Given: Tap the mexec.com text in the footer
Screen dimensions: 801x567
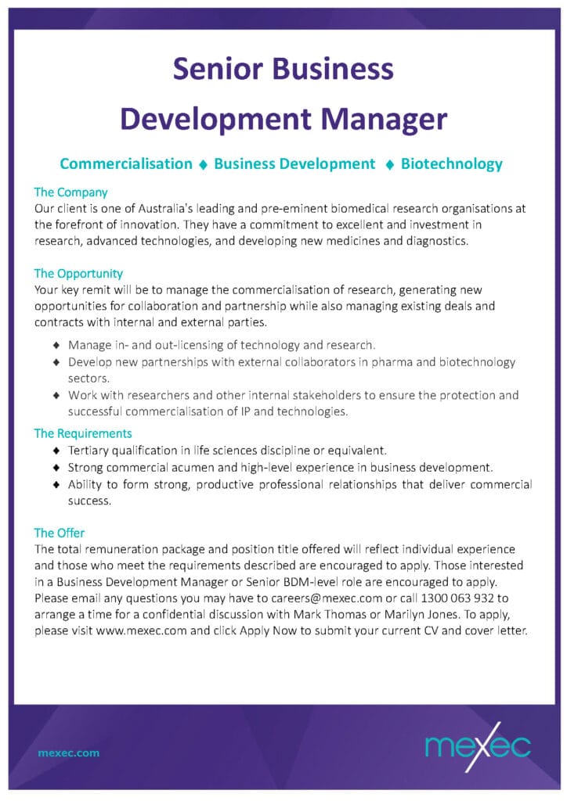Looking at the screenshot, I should tap(69, 753).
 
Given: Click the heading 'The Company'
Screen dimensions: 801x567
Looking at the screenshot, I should tap(70, 192).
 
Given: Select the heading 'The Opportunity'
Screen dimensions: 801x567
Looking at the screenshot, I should tap(78, 273).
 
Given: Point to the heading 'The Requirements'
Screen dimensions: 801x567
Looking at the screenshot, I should tap(83, 433).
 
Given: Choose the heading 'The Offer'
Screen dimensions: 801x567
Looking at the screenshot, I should tap(60, 533).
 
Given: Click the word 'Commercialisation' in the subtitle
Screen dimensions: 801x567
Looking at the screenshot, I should tap(126, 163).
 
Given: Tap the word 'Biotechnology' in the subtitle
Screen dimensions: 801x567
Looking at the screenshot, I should tap(451, 163).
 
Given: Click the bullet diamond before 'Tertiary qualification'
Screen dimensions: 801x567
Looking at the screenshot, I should tap(56, 451).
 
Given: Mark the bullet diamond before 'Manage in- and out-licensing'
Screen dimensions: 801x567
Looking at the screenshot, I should tap(56, 345).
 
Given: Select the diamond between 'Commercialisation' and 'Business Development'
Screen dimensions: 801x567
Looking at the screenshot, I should tap(203, 164).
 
